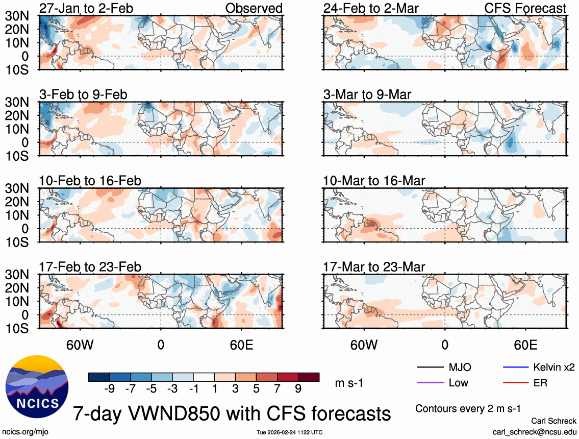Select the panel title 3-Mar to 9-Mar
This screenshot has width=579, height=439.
click(x=367, y=94)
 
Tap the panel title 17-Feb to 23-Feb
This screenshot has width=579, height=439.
click(x=90, y=267)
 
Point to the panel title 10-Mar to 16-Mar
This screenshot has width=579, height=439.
click(x=374, y=181)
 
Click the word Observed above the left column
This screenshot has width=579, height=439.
click(x=254, y=8)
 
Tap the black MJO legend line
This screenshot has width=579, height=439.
click(x=430, y=368)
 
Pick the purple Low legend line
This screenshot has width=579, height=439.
click(x=430, y=383)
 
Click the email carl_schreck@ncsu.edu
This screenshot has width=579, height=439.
click(x=535, y=431)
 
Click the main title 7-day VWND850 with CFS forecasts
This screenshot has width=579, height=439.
click(x=232, y=412)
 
